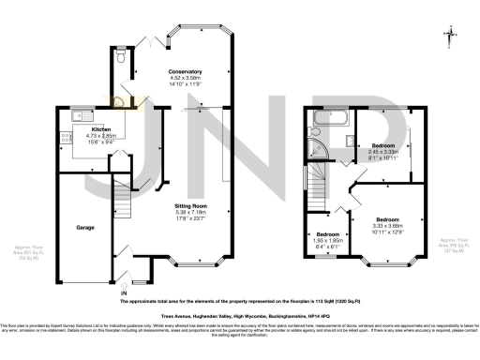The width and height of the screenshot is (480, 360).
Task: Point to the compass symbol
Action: (452, 36)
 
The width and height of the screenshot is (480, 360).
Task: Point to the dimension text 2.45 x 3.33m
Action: (384, 152)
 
